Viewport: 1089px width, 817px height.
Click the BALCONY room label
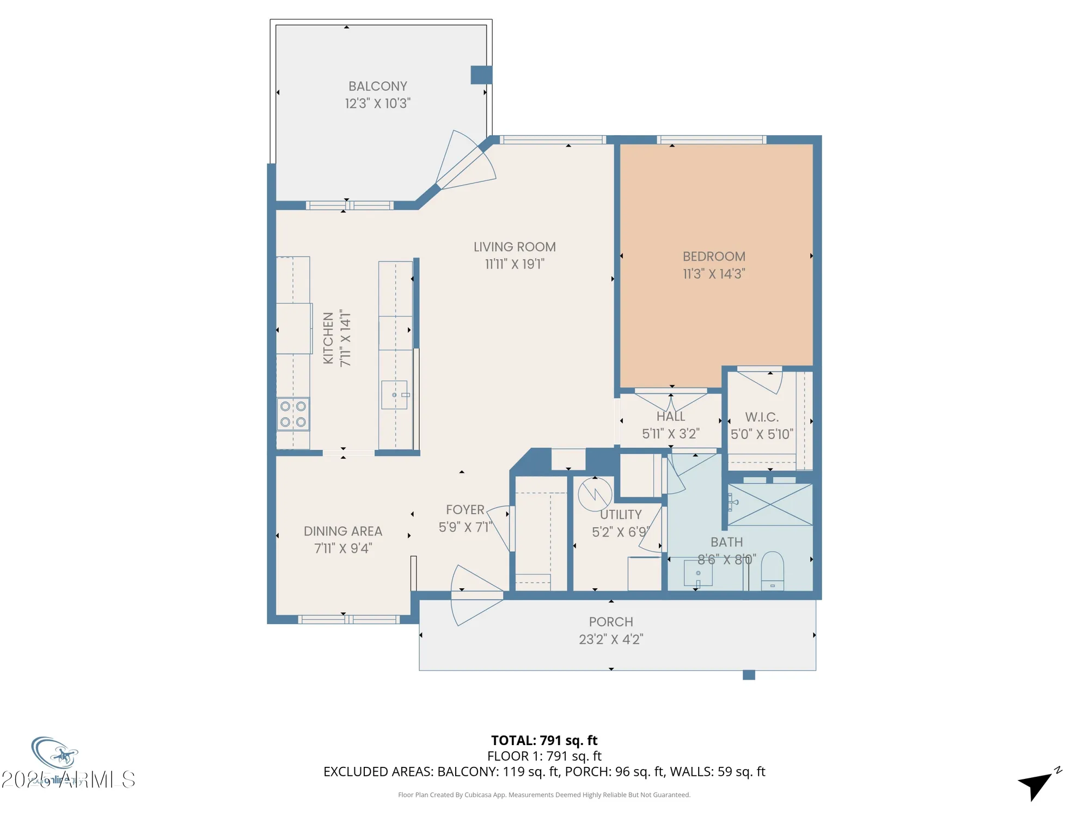pyautogui.click(x=377, y=87)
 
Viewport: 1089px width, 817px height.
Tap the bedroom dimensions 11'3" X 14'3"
pyautogui.click(x=714, y=274)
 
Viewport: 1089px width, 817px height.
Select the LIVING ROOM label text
pyautogui.click(x=515, y=247)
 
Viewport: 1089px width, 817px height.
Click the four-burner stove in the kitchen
pyautogui.click(x=293, y=414)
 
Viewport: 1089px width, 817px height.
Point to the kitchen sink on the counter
pyautogui.click(x=395, y=395)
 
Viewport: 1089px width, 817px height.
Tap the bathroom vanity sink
pyautogui.click(x=698, y=574)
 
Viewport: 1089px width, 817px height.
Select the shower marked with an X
pyautogui.click(x=770, y=505)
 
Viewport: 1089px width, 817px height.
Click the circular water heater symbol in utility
pyautogui.click(x=595, y=494)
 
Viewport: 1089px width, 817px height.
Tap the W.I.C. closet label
pyautogui.click(x=762, y=417)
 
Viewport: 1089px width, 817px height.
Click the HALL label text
pyautogui.click(x=670, y=417)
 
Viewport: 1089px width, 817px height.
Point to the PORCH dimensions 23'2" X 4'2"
pyautogui.click(x=611, y=639)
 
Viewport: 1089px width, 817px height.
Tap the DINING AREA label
pyautogui.click(x=342, y=531)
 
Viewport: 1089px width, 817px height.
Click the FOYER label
pyautogui.click(x=465, y=510)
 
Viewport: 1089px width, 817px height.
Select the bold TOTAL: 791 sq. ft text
pyautogui.click(x=544, y=740)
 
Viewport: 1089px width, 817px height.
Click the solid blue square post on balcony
pyautogui.click(x=481, y=75)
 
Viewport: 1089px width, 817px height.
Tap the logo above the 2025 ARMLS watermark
pyautogui.click(x=54, y=754)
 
